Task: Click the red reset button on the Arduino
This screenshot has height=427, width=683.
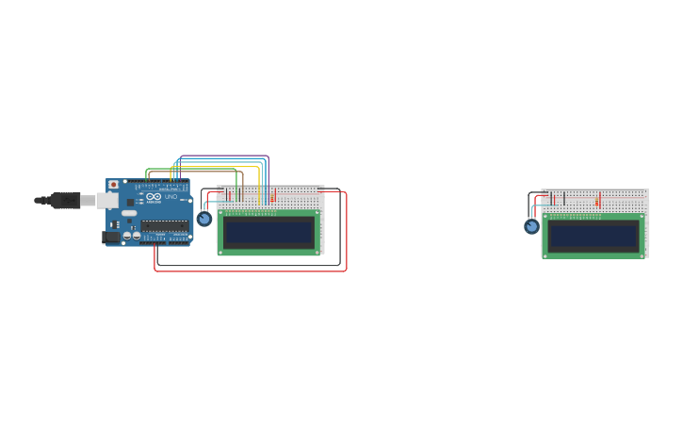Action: coord(114,185)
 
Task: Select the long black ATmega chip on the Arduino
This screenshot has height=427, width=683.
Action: coord(164,225)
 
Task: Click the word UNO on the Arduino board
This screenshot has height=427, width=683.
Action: coord(171,197)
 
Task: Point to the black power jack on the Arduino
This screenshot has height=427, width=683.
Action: coord(110,238)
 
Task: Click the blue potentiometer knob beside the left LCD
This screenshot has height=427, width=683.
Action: coord(204,219)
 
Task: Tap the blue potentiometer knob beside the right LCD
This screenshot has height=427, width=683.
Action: coord(531,226)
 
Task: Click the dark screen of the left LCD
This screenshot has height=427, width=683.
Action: coord(268,232)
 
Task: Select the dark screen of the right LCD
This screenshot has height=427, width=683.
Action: coord(594,236)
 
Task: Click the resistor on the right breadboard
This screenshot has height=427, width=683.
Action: coord(597,201)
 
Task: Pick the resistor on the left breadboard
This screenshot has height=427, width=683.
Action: coord(273,196)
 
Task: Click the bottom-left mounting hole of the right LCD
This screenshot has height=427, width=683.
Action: coord(545,255)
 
